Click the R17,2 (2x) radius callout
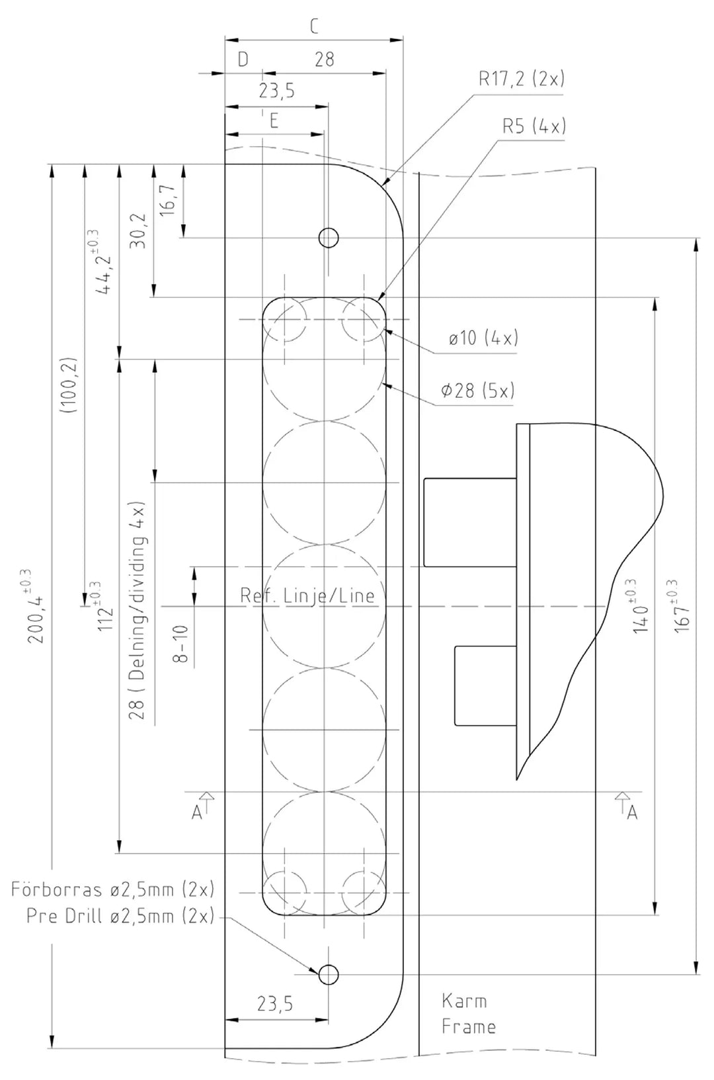click(522, 79)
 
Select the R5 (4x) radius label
click(534, 126)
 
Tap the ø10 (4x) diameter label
click(483, 338)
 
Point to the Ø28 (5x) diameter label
click(478, 391)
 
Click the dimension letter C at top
click(314, 26)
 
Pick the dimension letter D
click(243, 59)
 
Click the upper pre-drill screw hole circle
click(329, 237)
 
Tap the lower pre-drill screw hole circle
click(329, 974)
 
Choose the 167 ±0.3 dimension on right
click(684, 606)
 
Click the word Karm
click(464, 1001)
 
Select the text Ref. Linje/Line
click(307, 596)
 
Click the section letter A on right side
click(632, 813)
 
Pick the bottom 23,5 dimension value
click(275, 1005)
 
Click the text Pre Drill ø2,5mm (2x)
click(120, 917)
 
